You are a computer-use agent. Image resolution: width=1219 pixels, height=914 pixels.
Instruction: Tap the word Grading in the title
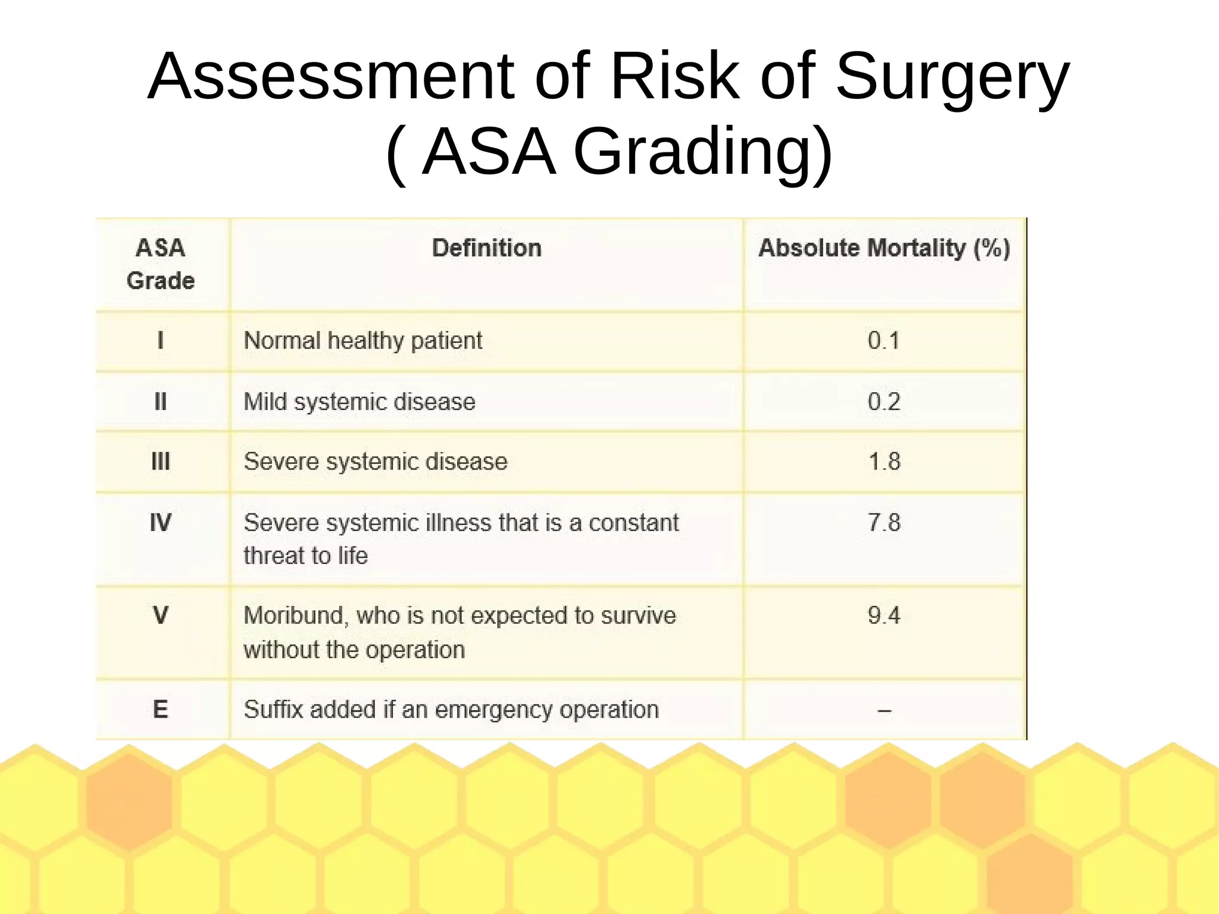tap(702, 153)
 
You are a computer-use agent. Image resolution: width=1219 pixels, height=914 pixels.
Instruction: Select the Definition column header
tap(486, 248)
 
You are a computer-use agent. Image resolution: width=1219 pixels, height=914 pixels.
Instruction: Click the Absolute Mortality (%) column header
tap(884, 248)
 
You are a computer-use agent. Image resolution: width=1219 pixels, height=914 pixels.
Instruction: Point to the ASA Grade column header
tap(160, 264)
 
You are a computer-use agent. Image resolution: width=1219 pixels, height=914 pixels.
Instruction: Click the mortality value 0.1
tap(883, 340)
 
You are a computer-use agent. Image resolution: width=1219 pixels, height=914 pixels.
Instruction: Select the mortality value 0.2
tap(883, 402)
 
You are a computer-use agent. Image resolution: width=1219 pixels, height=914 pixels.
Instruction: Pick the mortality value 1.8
tap(884, 462)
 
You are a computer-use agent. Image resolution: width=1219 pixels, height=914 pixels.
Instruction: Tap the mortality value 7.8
tap(884, 522)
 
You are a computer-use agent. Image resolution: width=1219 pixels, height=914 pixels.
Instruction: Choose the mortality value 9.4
tap(883, 615)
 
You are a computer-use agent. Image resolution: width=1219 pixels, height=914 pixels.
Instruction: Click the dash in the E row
tap(884, 710)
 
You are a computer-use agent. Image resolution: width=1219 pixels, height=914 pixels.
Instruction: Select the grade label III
tap(160, 462)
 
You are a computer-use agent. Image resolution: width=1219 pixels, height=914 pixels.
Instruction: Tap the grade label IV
tap(160, 522)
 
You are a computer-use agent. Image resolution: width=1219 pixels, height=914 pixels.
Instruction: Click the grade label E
tap(160, 709)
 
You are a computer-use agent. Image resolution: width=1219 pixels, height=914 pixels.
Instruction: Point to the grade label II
tap(160, 402)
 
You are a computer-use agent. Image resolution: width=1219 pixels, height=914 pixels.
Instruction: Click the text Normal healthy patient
tap(362, 341)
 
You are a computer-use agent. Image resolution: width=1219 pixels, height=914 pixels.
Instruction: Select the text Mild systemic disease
tap(360, 402)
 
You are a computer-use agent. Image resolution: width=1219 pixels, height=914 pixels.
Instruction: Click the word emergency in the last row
tap(495, 710)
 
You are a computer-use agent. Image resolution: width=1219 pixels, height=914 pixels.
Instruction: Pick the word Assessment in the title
tap(330, 78)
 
